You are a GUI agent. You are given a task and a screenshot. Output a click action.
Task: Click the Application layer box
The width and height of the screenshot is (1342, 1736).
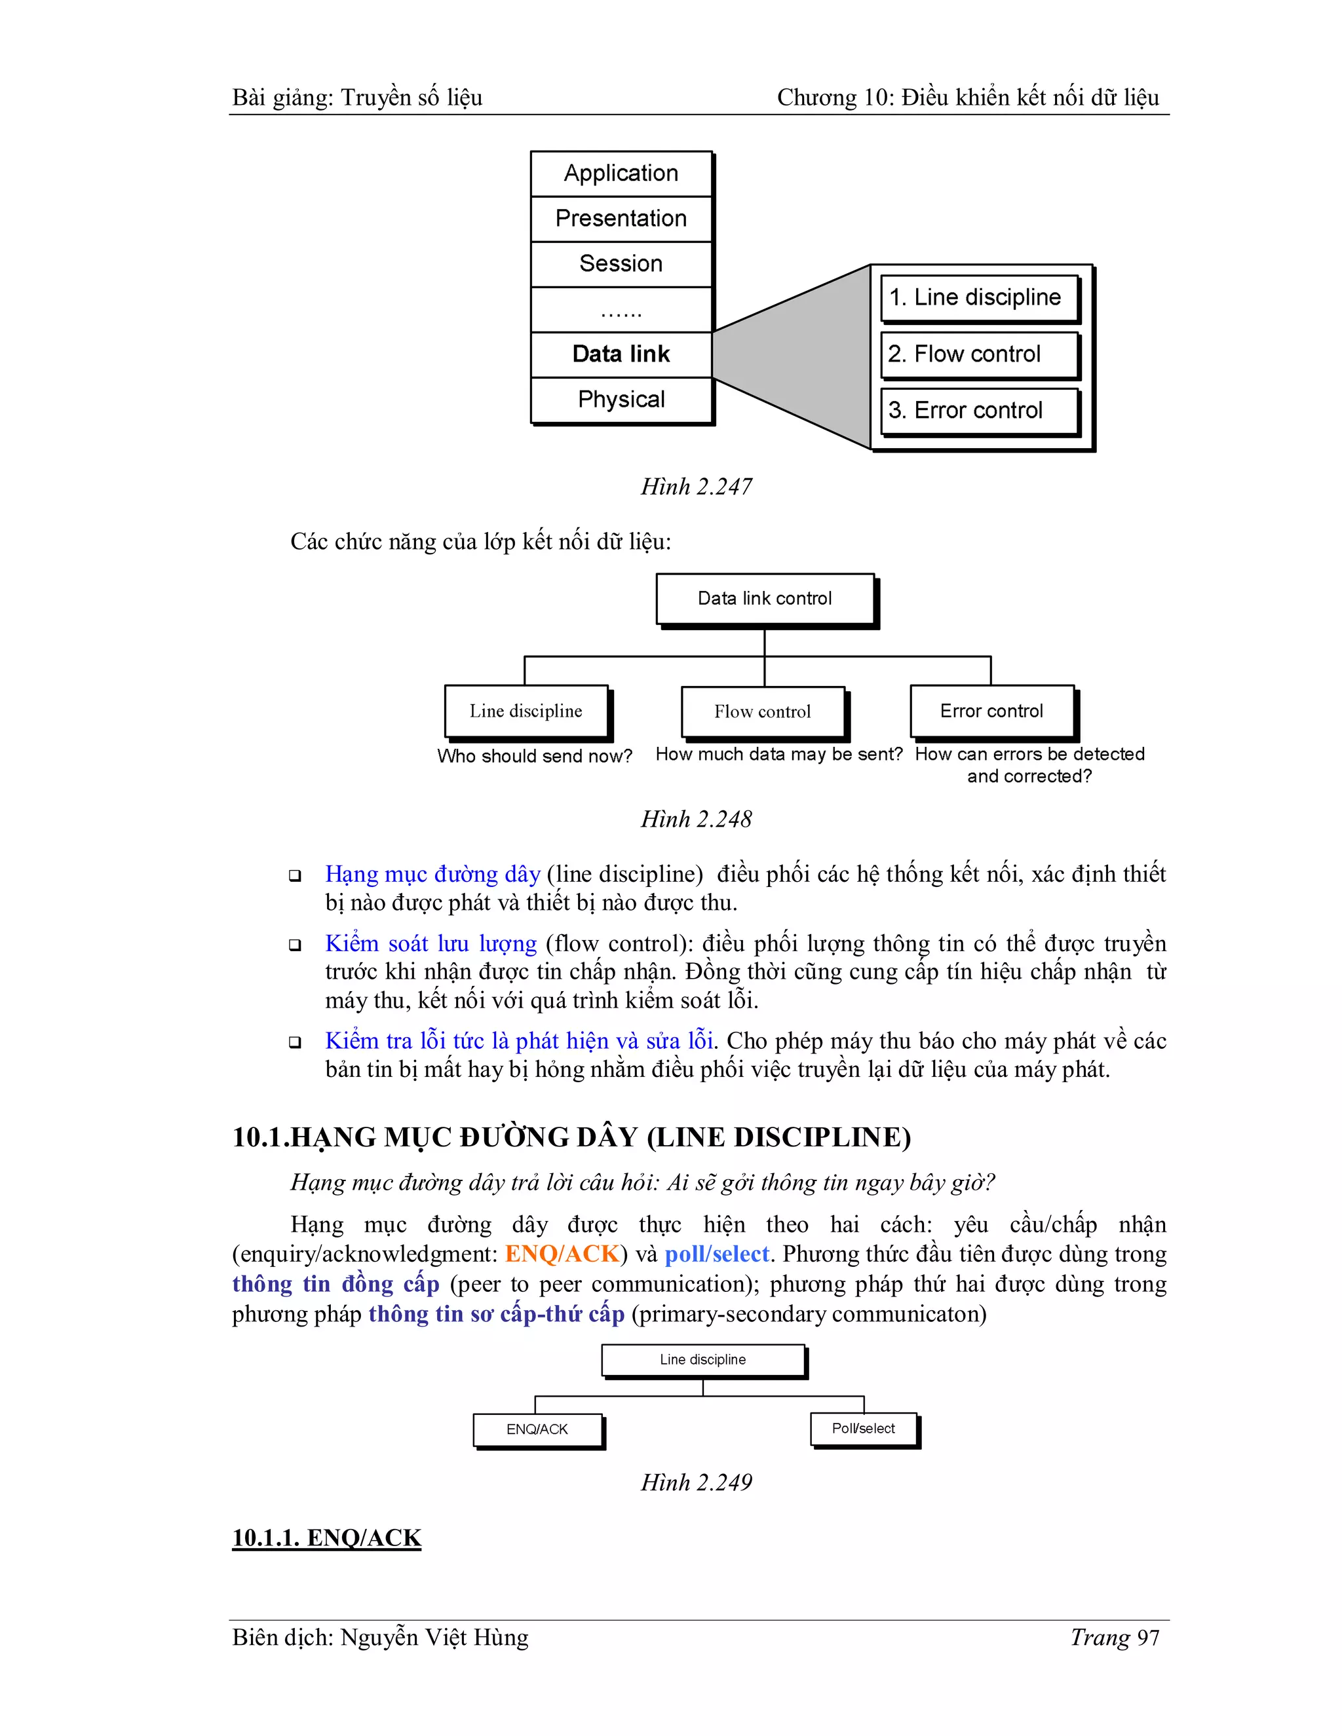(x=621, y=174)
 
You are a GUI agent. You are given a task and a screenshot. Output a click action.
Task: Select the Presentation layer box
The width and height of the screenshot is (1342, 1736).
(x=621, y=219)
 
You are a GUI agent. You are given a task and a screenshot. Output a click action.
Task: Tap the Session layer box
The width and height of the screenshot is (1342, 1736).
(x=621, y=264)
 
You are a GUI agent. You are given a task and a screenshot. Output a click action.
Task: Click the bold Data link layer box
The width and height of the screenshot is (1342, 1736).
(x=621, y=354)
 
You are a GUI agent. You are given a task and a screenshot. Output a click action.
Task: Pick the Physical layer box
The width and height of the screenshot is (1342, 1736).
(x=621, y=400)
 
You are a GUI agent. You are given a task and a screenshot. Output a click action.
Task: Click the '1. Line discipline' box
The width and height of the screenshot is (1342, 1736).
(x=979, y=298)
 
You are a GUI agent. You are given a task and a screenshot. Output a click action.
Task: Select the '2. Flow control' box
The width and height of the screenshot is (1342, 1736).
(x=979, y=354)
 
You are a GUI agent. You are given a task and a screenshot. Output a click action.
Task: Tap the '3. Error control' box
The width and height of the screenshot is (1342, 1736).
(x=979, y=411)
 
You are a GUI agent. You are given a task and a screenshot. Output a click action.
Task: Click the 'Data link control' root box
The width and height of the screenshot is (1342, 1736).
(x=765, y=599)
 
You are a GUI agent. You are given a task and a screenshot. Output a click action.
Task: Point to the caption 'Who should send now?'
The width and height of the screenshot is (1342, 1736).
(x=534, y=756)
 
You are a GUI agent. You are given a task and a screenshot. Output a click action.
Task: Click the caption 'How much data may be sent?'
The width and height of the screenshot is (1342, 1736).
(x=778, y=754)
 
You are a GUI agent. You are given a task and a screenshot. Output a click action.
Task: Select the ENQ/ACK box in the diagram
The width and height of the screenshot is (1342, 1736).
(x=537, y=1429)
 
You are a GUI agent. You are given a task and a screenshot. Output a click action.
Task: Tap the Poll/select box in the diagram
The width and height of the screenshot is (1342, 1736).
(x=864, y=1428)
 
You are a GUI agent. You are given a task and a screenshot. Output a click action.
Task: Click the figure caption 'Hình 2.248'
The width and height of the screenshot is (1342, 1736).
(x=697, y=820)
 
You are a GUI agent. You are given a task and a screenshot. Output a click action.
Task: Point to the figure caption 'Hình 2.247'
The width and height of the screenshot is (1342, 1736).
(x=697, y=487)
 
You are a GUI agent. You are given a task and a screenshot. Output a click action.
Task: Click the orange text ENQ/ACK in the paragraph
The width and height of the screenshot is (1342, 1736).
(x=562, y=1255)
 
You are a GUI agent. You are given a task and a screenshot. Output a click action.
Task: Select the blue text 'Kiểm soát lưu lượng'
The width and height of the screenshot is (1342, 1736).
(x=431, y=943)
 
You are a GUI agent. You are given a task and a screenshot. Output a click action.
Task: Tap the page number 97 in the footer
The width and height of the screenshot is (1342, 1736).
(x=1148, y=1638)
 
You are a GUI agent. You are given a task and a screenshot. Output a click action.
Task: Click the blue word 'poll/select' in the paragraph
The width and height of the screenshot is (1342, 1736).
(x=717, y=1255)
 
